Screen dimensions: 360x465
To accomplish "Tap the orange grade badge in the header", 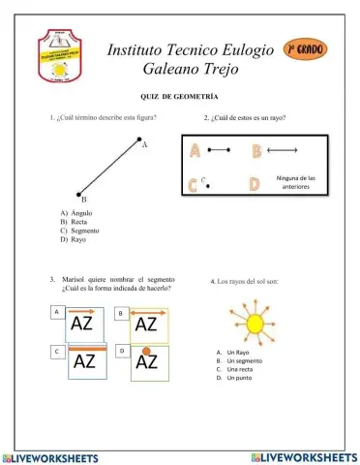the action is click(x=308, y=48).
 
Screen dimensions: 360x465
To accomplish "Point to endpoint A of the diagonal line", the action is click(x=135, y=140).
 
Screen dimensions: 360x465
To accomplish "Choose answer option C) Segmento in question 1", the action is click(x=79, y=231).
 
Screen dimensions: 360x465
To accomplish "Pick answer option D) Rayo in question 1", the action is click(x=73, y=239).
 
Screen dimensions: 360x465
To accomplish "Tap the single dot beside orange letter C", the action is click(x=207, y=183).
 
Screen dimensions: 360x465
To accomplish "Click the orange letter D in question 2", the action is click(x=255, y=183).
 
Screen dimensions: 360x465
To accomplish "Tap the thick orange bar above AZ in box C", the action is click(x=85, y=349).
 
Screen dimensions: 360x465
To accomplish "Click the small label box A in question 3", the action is click(x=57, y=312).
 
